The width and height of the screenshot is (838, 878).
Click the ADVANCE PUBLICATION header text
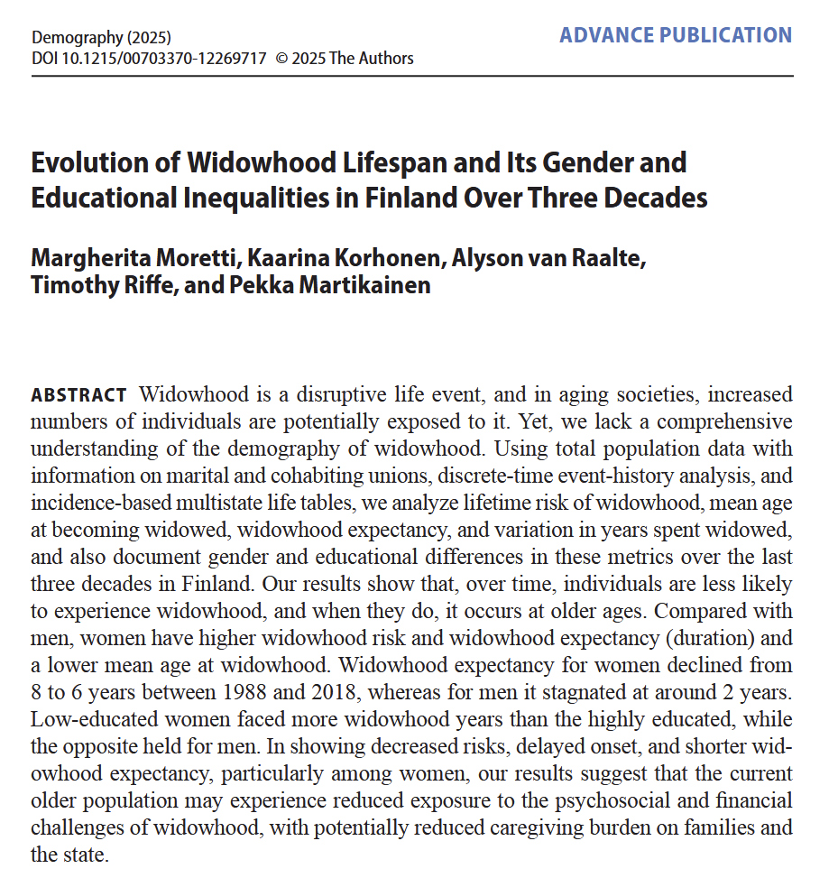[x=675, y=35]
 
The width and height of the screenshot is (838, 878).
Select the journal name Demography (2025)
[x=101, y=39]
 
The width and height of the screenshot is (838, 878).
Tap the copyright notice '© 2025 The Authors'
[x=345, y=59]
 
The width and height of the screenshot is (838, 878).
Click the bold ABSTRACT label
[x=79, y=396]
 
